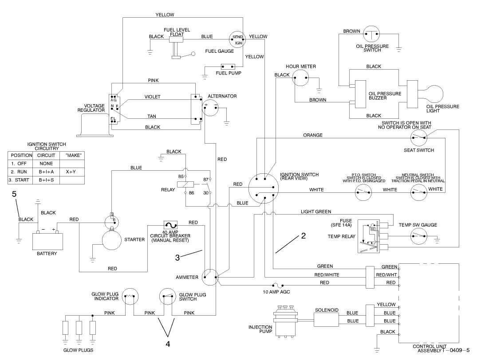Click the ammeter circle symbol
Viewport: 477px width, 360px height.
tap(209, 278)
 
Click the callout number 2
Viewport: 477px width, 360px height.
tap(304, 236)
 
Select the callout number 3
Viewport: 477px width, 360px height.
tap(177, 256)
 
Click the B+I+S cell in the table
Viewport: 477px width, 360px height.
tap(46, 180)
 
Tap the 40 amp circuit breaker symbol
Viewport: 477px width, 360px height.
tap(171, 224)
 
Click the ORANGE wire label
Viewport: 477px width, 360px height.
tap(313, 135)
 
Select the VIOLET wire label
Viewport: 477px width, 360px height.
tap(152, 96)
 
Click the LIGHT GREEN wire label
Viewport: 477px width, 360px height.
tap(315, 212)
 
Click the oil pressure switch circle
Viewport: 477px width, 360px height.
tap(371, 34)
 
